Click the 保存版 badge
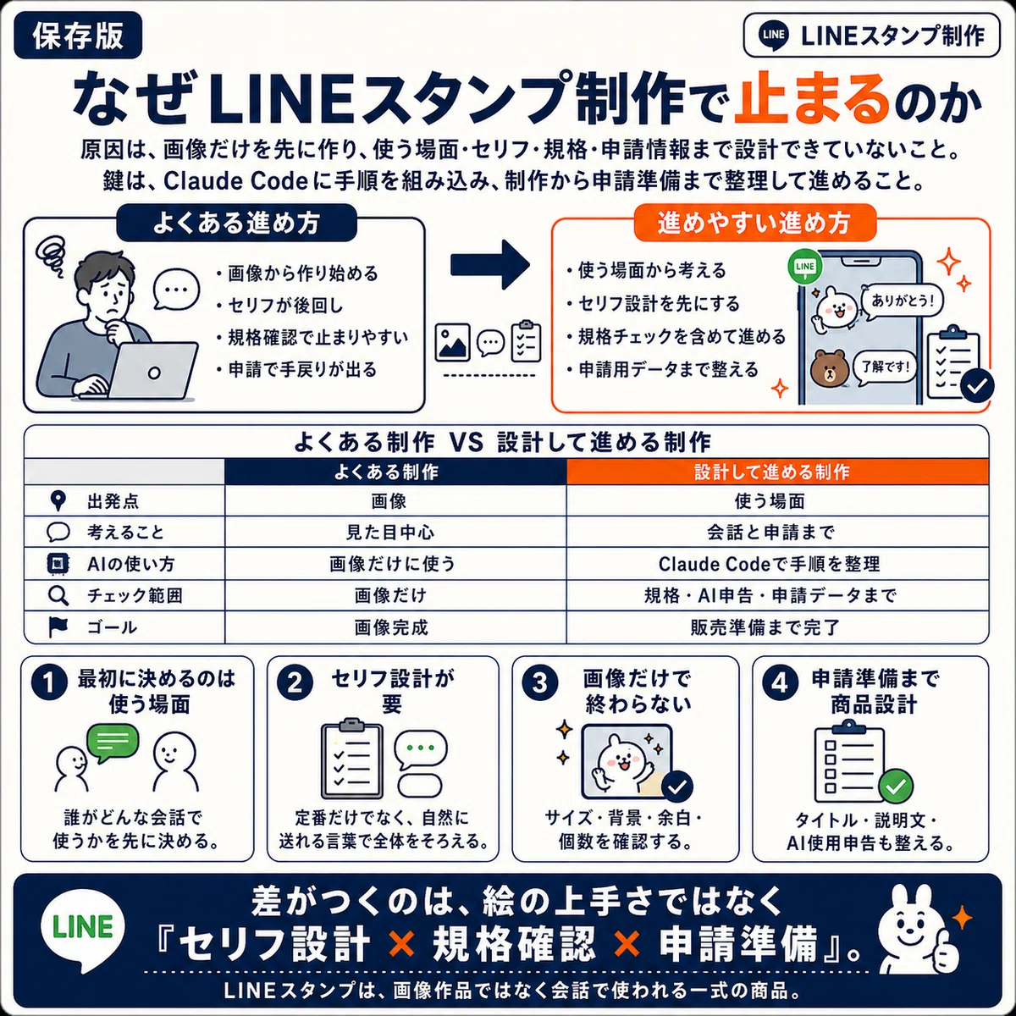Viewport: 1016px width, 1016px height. tap(78, 36)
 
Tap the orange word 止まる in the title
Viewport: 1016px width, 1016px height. tap(811, 98)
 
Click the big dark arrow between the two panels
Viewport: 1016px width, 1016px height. tap(490, 265)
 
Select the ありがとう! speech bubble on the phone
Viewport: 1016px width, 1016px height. tap(902, 301)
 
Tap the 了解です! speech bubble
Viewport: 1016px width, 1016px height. tap(886, 367)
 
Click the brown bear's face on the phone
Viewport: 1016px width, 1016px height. tap(830, 368)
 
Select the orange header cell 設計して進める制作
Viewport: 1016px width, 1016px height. tap(777, 472)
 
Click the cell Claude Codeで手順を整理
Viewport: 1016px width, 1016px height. tap(777, 564)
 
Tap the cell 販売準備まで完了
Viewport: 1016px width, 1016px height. tap(777, 627)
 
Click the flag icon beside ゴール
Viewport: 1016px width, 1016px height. tap(58, 627)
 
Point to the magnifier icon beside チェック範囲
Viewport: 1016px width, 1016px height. tap(58, 596)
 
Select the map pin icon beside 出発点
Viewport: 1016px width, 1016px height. tap(58, 501)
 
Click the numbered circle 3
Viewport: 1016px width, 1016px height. tap(539, 682)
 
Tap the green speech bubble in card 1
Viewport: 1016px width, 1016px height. tap(113, 743)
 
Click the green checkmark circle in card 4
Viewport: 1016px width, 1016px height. tap(896, 787)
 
